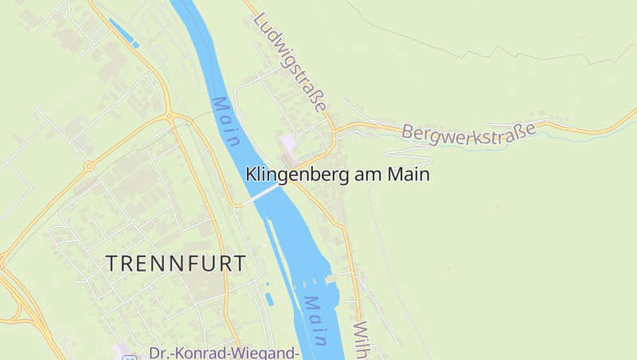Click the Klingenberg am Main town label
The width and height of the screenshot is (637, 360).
coord(338,174)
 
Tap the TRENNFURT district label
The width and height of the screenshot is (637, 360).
coord(176,264)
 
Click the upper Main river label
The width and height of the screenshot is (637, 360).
coord(226,122)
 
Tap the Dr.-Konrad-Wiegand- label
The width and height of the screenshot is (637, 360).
coord(225,352)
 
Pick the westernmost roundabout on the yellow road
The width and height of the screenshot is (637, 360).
coord(89,166)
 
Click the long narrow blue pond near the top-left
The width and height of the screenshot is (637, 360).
coord(123,33)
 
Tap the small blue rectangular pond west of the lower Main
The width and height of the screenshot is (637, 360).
coord(268,299)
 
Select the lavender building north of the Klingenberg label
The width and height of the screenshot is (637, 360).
coord(287,143)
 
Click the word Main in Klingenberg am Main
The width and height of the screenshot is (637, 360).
coord(407,174)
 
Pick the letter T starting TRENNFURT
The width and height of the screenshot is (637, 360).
coord(112,264)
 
